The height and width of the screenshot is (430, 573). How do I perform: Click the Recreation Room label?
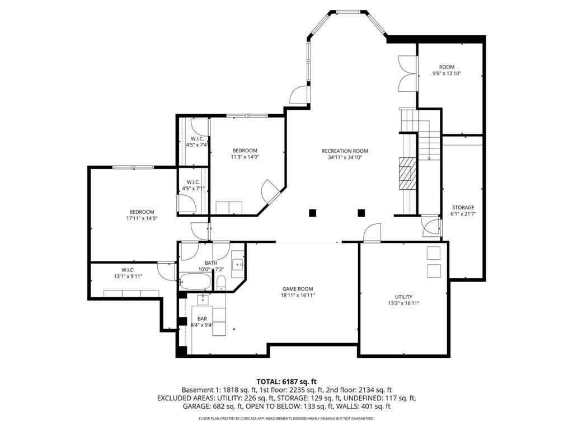[x=345, y=151]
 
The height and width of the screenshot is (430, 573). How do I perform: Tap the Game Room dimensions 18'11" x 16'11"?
[x=297, y=295]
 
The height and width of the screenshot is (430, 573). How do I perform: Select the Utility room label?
[x=403, y=297]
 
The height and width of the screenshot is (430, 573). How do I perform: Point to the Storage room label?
[x=463, y=207]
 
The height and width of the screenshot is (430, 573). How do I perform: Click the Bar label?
[x=202, y=319]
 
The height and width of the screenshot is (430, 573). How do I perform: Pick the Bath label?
[x=211, y=263]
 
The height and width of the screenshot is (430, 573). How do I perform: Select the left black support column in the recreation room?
[x=312, y=212]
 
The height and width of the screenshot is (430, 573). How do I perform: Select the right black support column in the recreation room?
[x=361, y=212]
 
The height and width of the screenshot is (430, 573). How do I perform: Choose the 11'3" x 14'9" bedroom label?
[x=245, y=150]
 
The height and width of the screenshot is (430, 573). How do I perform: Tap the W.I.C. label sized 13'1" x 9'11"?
[x=128, y=270]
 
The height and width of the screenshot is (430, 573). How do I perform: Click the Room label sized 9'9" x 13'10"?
[x=447, y=67]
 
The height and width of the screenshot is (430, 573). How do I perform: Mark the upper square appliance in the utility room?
[x=434, y=253]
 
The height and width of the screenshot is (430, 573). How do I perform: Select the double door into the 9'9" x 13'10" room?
[x=407, y=73]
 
